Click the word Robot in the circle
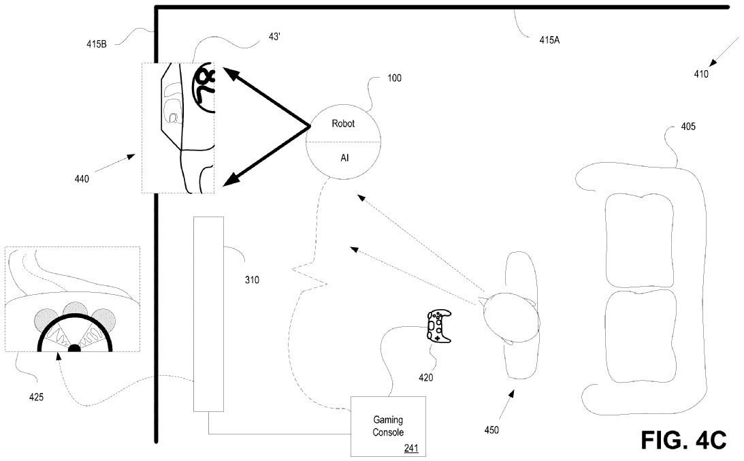point(343,124)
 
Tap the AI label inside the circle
point(344,157)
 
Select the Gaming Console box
point(387,426)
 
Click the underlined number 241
point(410,447)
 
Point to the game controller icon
point(438,326)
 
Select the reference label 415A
point(549,39)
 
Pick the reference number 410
point(701,74)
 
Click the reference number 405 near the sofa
point(688,127)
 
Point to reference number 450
point(491,430)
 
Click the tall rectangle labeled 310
point(208,313)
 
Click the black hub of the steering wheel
point(74,349)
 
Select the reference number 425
point(36,395)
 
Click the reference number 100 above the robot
point(393,78)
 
